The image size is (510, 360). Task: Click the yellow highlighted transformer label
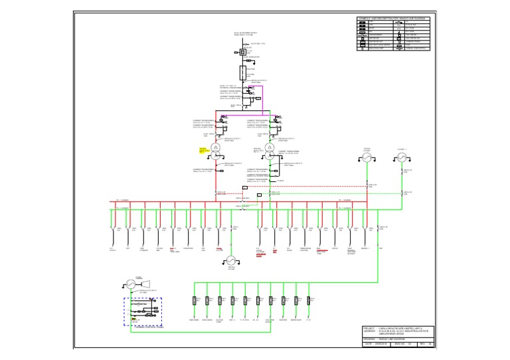click(204, 150)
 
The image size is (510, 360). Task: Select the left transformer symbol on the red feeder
click(215, 147)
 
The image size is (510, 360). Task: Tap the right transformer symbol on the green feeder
click(270, 147)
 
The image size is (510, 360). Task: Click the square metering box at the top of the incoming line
click(243, 52)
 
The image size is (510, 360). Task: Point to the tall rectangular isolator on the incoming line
click(243, 72)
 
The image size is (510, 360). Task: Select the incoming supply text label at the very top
click(243, 34)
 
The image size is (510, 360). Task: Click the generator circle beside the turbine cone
click(131, 284)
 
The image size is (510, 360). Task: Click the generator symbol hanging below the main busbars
click(230, 260)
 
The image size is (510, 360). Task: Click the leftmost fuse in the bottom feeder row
click(195, 300)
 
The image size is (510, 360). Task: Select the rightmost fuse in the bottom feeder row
click(309, 300)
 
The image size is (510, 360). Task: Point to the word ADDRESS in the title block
click(371, 332)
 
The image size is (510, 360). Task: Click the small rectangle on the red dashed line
click(245, 187)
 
